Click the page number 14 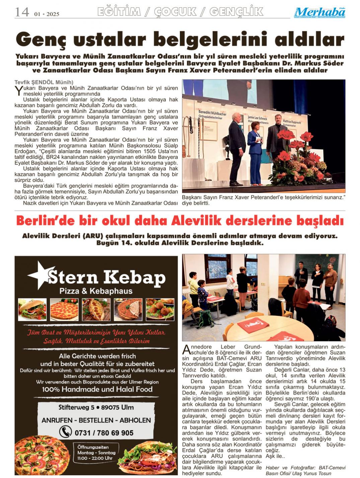(22, 12)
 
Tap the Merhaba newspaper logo (320, 13)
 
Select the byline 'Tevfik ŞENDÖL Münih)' (44, 82)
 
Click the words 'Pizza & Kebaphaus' (96, 291)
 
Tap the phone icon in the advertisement (66, 432)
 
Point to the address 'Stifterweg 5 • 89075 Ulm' (96, 408)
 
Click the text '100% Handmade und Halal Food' (97, 390)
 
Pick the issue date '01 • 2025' (47, 14)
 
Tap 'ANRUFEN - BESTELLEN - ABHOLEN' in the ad (96, 420)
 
